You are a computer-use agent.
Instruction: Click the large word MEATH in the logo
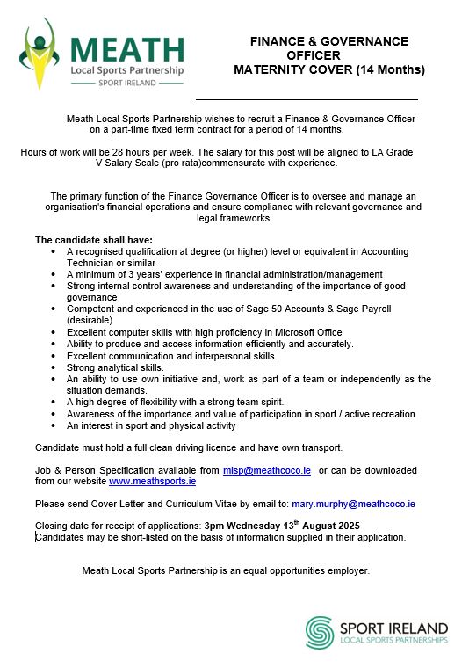click(x=128, y=50)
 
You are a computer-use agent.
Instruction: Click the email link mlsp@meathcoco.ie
click(x=267, y=471)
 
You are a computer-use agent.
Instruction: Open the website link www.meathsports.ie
click(x=152, y=482)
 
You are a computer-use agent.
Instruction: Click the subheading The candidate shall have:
click(x=94, y=240)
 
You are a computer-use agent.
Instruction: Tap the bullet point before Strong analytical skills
click(x=54, y=368)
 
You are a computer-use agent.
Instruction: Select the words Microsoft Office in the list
click(x=301, y=333)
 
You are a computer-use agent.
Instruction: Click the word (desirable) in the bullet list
click(x=90, y=321)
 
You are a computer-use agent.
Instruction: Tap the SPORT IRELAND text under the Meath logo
click(x=128, y=83)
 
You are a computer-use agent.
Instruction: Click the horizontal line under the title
click(x=307, y=99)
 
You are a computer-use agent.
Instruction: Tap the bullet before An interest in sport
click(x=54, y=425)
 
